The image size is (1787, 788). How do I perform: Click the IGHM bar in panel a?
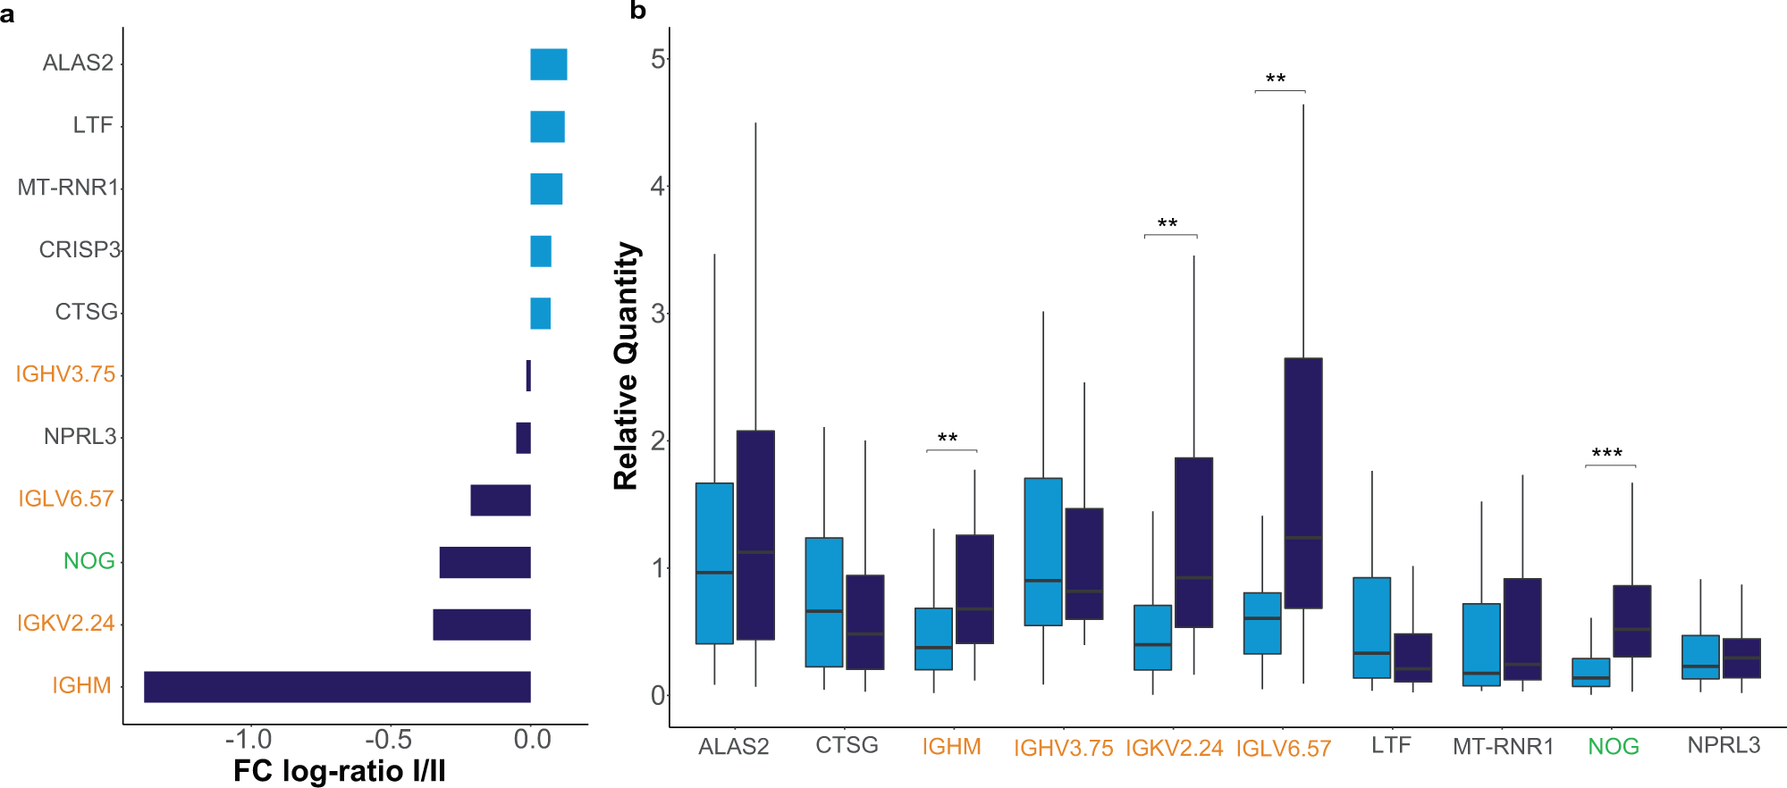pos(337,686)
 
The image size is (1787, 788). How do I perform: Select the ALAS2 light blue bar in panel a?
pos(548,64)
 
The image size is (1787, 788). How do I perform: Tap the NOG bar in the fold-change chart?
pos(485,562)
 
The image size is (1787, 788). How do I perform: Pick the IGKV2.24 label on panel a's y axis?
pos(66,623)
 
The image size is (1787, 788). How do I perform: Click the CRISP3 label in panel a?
pos(79,249)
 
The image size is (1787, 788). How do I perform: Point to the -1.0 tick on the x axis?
pos(249,740)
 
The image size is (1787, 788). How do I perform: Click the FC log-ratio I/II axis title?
pos(339,771)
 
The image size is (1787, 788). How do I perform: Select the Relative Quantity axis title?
pos(627,366)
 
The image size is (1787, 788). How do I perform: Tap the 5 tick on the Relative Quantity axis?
pos(658,60)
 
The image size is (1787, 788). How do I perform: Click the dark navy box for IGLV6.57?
pos(1302,482)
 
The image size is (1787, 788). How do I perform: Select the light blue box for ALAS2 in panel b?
pos(714,563)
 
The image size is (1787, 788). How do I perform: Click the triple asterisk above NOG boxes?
pos(1606,454)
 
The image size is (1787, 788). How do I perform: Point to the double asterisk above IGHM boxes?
pos(948,439)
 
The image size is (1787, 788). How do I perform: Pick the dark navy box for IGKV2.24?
pos(1193,542)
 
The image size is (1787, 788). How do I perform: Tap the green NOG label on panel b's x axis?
pos(1613,747)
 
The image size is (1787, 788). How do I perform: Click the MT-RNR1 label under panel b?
pos(1503,747)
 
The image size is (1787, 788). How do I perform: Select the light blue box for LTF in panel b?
pos(1371,627)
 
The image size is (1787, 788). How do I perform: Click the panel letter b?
pos(637,11)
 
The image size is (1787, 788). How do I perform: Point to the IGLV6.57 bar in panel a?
pos(501,500)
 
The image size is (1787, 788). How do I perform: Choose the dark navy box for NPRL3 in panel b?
pos(1741,658)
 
